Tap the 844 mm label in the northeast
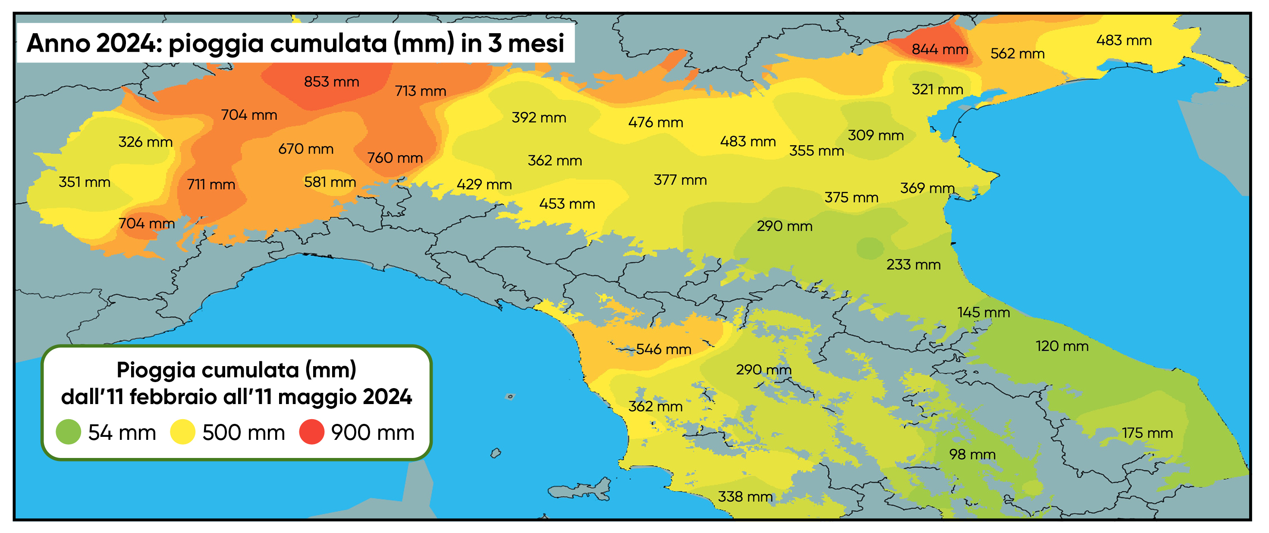939,49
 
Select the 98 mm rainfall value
972,454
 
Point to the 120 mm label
1062,346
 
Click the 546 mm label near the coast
663,349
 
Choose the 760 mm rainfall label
395,158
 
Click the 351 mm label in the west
84,182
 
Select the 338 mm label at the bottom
745,496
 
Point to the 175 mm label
1147,433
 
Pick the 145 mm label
983,312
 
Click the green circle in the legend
69,432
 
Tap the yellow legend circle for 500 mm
183,432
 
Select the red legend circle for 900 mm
312,432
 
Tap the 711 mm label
211,185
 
